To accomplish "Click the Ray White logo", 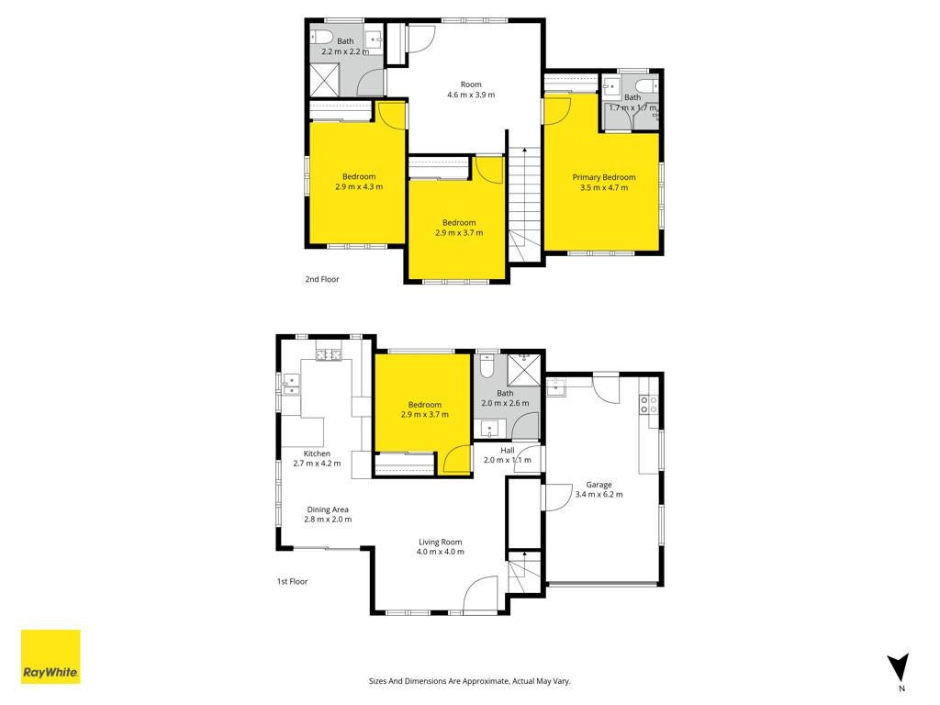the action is pos(50,656).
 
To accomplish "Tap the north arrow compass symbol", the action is pos(899,668).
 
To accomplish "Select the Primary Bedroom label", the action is pos(604,177).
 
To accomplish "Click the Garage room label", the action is pos(599,485).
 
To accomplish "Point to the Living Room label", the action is pos(440,542).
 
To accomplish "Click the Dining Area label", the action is pos(328,509).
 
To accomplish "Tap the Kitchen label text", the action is pos(317,453).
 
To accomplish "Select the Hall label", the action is pos(507,450).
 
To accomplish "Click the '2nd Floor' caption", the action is pos(322,279).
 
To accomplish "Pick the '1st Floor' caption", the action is pos(292,581).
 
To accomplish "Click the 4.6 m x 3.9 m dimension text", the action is pos(471,95).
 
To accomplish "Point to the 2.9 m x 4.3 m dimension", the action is pos(359,187).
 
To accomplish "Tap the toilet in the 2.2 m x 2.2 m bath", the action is pos(321,36).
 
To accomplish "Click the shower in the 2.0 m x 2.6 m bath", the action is pos(523,370).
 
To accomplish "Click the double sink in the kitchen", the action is pos(291,385).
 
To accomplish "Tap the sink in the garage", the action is pos(555,387).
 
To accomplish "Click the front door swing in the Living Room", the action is pos(481,594).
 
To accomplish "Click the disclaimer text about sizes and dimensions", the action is pos(469,681).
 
